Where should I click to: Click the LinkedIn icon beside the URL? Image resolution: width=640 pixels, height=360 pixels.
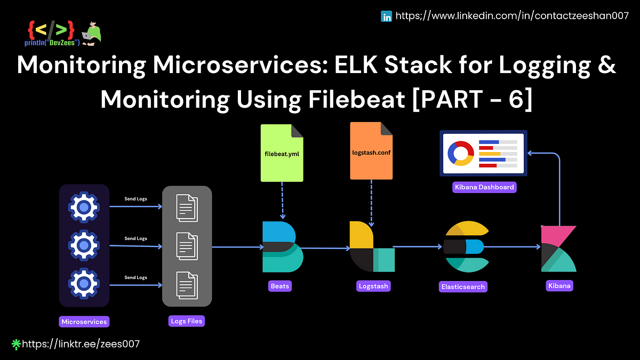387,17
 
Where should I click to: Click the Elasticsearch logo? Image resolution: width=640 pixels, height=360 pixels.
466,246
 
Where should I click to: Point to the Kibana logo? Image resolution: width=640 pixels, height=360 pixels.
558,249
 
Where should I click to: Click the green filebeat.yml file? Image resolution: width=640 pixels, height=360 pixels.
282,152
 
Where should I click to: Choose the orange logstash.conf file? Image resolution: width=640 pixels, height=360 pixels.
371,151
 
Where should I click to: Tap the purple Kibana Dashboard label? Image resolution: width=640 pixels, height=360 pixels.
484,187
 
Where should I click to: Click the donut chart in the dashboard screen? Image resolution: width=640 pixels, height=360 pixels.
461,153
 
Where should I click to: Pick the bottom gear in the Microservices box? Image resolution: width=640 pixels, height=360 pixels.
84,284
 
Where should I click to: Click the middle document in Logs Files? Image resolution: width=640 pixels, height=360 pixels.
187,246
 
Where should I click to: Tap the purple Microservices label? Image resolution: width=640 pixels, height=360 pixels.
84,322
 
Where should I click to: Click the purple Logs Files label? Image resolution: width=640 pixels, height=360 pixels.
187,321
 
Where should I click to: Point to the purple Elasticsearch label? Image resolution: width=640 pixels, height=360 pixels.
463,286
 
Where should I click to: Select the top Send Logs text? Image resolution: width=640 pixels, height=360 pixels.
135,199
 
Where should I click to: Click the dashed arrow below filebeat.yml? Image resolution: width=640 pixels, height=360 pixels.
282,197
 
